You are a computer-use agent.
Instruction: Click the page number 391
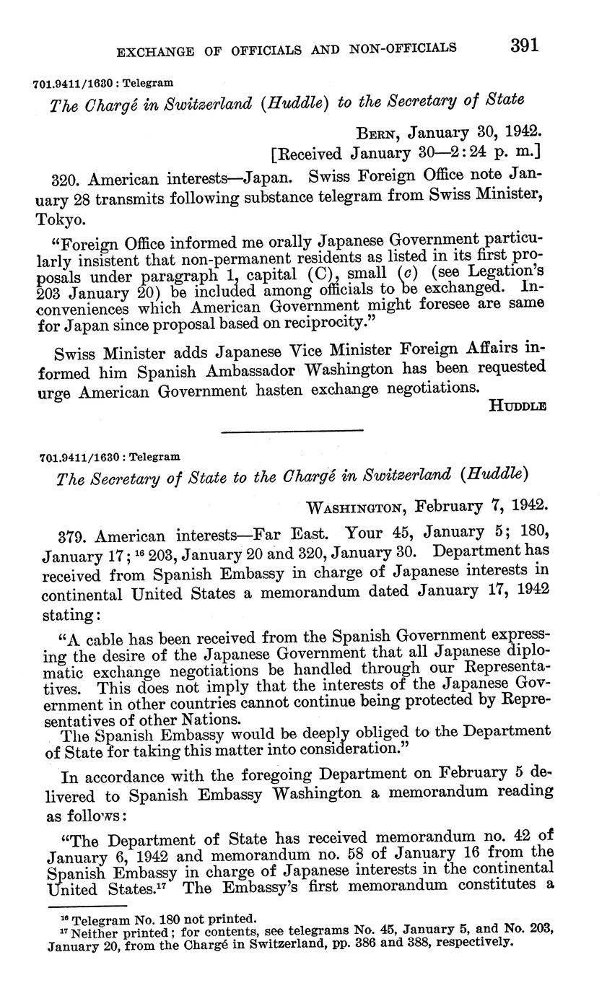tap(525, 46)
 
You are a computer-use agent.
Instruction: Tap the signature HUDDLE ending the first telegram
tap(517, 406)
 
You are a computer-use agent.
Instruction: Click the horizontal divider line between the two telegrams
tap(292, 431)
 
